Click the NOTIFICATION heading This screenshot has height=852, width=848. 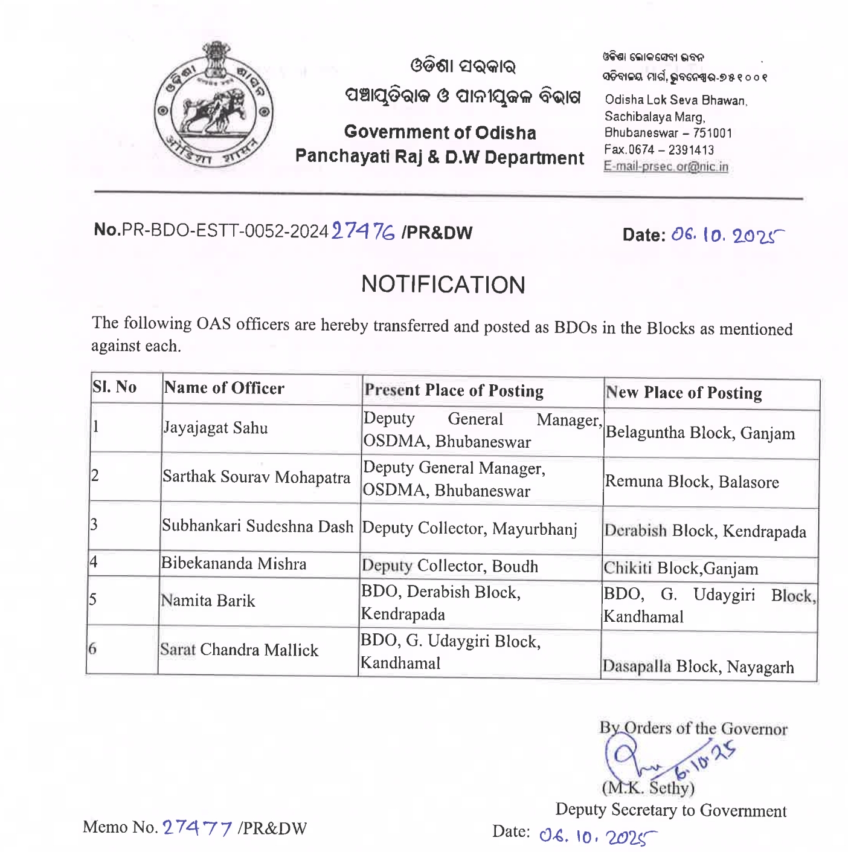tap(443, 285)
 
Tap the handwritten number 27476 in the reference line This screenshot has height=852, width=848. tap(364, 231)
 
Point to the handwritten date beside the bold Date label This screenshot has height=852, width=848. tap(728, 235)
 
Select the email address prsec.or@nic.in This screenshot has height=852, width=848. tap(666, 167)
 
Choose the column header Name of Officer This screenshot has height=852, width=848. tap(224, 388)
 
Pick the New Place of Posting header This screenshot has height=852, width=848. tap(684, 393)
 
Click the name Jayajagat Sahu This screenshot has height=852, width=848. tap(216, 428)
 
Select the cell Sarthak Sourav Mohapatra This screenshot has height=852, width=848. tap(256, 477)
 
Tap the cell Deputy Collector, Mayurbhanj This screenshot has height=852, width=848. tap(469, 529)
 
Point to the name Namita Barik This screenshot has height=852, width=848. tap(208, 601)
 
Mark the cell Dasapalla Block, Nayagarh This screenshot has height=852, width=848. tap(698, 666)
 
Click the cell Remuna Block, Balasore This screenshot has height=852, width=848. tap(692, 482)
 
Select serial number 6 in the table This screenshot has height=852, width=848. tap(92, 649)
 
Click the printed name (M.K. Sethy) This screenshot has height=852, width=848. tap(648, 788)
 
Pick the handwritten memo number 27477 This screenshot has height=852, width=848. tap(198, 827)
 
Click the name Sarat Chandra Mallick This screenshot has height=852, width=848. tap(239, 650)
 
